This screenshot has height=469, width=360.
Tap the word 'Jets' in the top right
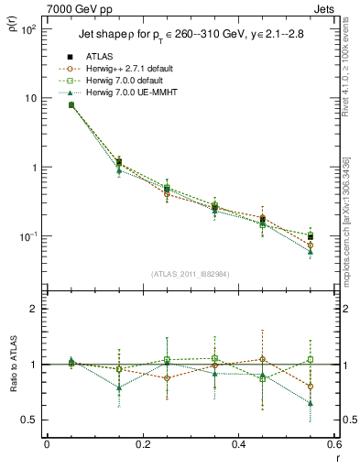[324, 8]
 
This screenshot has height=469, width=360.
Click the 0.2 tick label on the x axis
[143, 444]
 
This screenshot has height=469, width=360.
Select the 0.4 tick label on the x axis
[239, 444]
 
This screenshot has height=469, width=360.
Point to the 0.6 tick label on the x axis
[334, 444]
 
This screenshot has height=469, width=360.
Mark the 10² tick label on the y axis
[28, 29]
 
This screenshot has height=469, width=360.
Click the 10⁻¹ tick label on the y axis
[28, 236]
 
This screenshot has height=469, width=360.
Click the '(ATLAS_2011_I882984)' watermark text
[191, 274]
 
